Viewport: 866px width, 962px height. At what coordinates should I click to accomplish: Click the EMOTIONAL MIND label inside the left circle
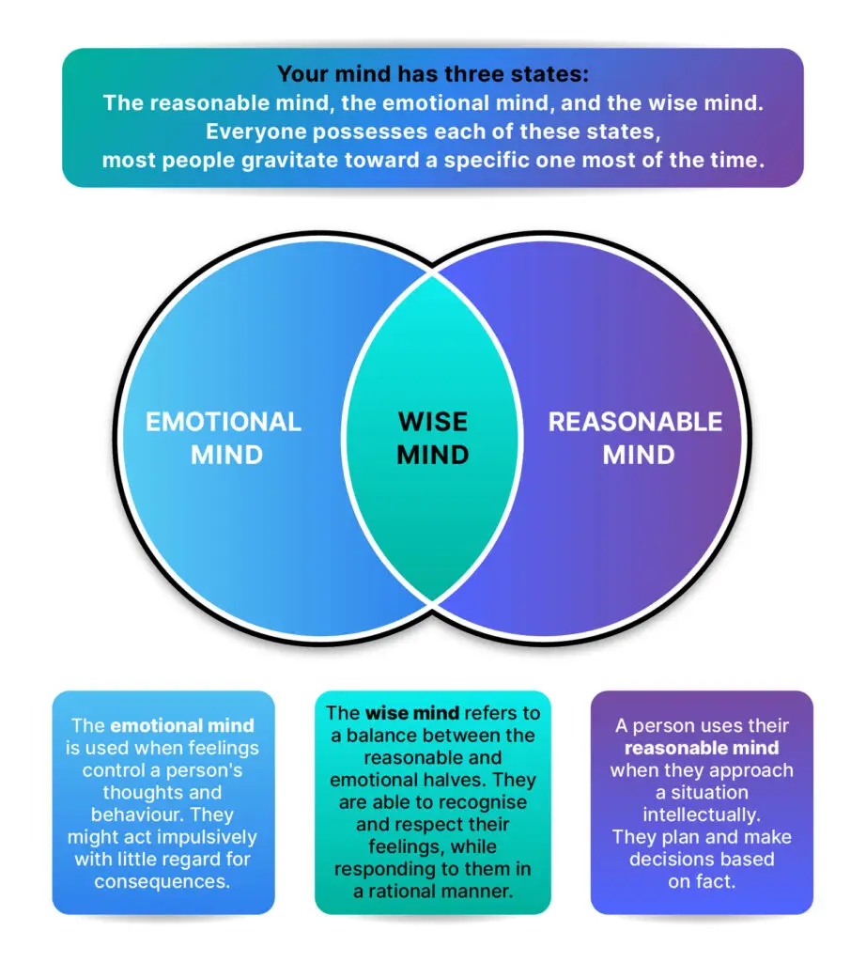[x=224, y=438]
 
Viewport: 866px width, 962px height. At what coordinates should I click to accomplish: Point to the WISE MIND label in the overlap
[x=432, y=438]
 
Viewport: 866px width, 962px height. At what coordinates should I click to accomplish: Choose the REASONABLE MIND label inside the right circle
[x=636, y=438]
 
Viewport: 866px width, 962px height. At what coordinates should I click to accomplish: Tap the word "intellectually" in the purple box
[x=701, y=815]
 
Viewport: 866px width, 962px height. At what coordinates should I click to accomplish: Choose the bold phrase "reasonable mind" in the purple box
[x=701, y=749]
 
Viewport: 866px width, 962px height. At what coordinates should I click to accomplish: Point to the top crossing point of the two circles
[x=432, y=274]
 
